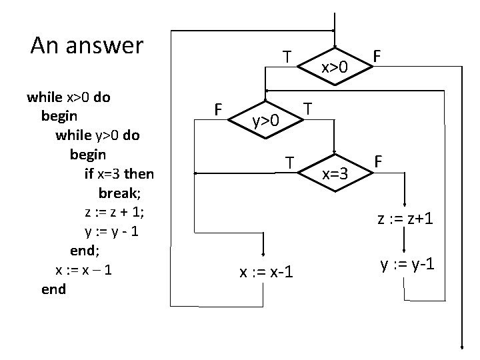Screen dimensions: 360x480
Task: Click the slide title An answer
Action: click(87, 46)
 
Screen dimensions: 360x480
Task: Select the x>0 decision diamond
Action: click(335, 67)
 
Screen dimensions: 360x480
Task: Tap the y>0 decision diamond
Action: click(265, 121)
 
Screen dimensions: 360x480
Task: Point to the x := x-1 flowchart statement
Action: click(266, 272)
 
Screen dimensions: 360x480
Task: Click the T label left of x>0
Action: click(286, 57)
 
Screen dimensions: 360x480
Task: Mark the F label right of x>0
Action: click(377, 58)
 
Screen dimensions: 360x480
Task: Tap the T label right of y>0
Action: click(308, 108)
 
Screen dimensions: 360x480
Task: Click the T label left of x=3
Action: click(289, 162)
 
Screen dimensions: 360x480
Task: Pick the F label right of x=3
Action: click(379, 162)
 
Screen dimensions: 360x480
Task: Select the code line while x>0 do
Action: click(69, 97)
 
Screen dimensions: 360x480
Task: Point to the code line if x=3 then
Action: click(119, 174)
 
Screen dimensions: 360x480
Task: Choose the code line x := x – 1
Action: click(83, 270)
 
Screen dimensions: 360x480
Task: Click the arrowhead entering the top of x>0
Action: click(334, 32)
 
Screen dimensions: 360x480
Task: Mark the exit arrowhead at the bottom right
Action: click(461, 346)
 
